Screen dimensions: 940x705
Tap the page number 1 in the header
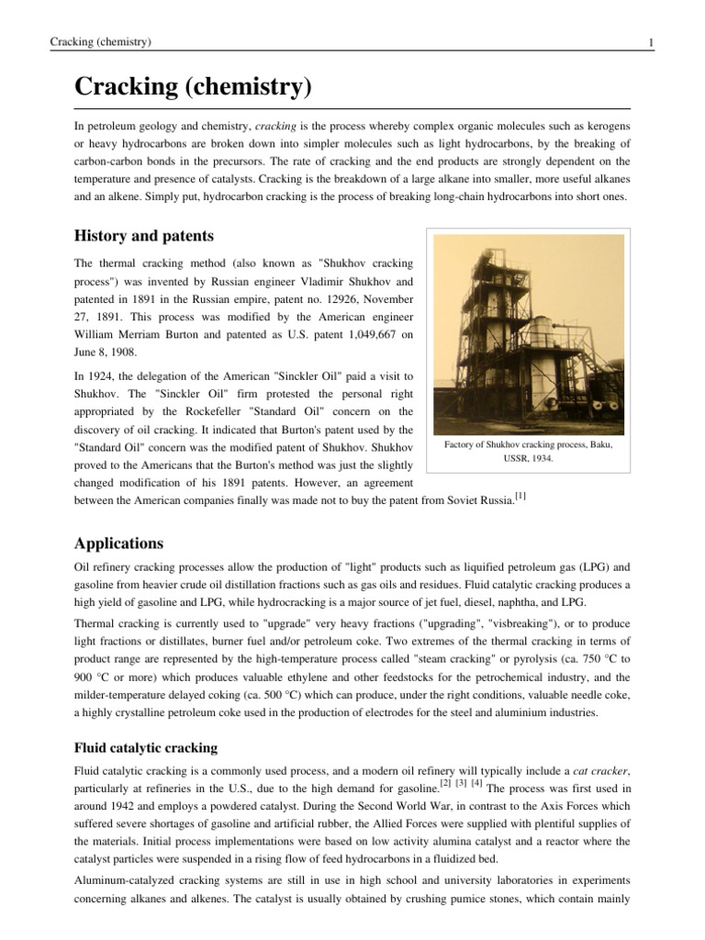pyautogui.click(x=650, y=42)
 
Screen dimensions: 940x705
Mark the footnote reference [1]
pyautogui.click(x=520, y=497)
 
